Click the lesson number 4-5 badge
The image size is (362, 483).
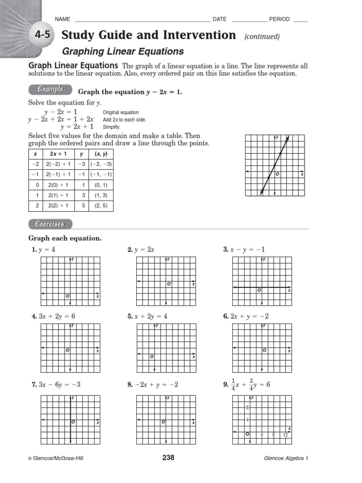click(x=42, y=34)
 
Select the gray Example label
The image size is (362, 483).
click(x=50, y=90)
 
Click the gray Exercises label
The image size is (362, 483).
click(x=50, y=224)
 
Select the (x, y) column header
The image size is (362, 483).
click(x=101, y=154)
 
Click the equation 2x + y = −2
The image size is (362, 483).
click(x=248, y=316)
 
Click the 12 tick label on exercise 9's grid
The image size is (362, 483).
click(x=286, y=435)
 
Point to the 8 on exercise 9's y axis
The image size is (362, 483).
click(x=247, y=407)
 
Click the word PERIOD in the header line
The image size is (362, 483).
click(x=280, y=19)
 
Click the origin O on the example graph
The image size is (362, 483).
click(x=277, y=174)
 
